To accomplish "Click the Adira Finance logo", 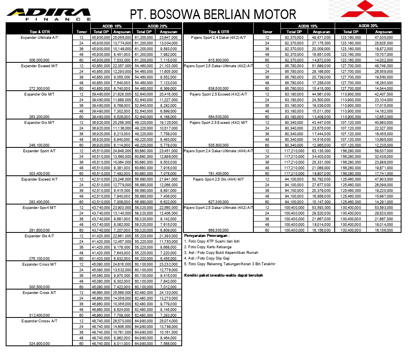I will pos(49,14).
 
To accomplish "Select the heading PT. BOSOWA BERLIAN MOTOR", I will pos(213,15).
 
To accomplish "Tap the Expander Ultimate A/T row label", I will pos(39,37).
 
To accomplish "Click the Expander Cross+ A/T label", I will pos(39,321).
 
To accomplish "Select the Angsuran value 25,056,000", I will pos(121,37).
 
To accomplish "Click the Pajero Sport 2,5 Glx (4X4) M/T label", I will pos(219,179).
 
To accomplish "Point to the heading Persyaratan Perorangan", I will pos(207,235).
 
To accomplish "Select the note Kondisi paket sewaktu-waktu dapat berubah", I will pos(223,275).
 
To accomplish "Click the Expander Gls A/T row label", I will pos(39,236).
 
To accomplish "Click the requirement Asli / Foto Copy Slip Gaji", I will pos(207,258).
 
